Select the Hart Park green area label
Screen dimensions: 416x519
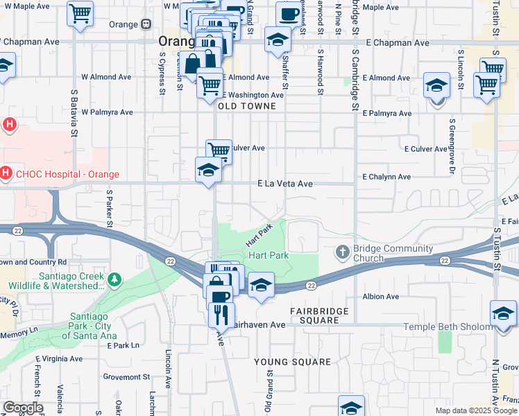(268, 255)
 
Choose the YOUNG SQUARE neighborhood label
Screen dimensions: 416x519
(292, 362)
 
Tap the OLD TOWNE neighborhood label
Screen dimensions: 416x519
(247, 107)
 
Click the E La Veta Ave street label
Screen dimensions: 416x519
(285, 184)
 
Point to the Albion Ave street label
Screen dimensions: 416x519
(381, 297)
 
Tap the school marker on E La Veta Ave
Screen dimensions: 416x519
(208, 170)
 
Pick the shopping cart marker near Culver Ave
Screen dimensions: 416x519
(219, 149)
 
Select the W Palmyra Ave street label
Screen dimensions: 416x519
(107, 112)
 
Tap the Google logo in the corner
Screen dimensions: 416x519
(23, 408)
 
